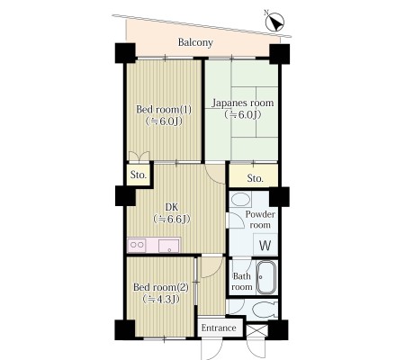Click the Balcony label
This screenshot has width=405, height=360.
[x=195, y=42]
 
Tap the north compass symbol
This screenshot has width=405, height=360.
[x=274, y=22]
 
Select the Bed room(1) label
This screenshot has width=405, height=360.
[x=164, y=109]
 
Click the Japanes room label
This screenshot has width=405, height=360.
[x=243, y=103]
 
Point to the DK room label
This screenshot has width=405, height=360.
[x=172, y=207]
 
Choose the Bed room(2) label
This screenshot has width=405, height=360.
[x=161, y=287]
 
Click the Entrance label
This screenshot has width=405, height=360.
[x=219, y=328]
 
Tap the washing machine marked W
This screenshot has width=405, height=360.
[x=265, y=245]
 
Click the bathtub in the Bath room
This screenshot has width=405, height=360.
[x=266, y=277]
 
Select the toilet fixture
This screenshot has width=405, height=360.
[x=265, y=310]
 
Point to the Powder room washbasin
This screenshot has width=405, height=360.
[x=240, y=200]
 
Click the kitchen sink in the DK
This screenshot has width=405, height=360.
[x=169, y=246]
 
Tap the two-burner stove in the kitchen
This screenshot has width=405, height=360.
[x=137, y=245]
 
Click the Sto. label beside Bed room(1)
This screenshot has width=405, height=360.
[x=139, y=175]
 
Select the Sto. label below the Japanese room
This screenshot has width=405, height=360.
[x=256, y=178]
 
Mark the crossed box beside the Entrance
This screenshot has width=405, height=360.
[x=257, y=331]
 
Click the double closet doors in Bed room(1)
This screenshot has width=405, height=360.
[x=139, y=157]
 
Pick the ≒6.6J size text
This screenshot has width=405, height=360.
[x=172, y=220]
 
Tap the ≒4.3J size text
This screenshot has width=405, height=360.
[x=161, y=299]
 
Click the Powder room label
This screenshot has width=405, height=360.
[x=260, y=220]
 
